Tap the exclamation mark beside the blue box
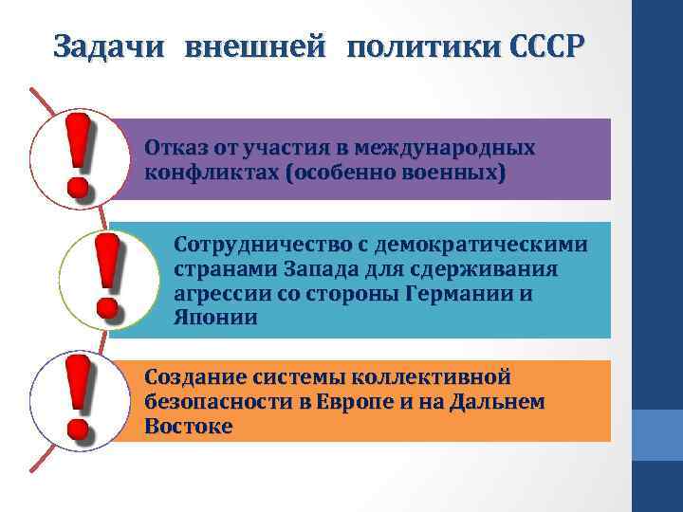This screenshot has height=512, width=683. pyautogui.click(x=106, y=277)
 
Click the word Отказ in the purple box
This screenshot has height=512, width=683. pyautogui.click(x=173, y=149)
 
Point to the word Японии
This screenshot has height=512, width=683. pyautogui.click(x=215, y=319)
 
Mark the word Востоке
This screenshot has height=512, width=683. pyautogui.click(x=189, y=427)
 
